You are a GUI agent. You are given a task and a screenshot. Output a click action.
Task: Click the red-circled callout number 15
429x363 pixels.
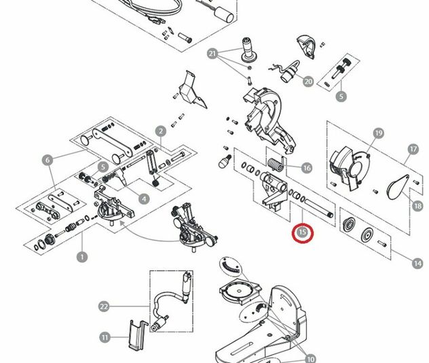pos(303,233)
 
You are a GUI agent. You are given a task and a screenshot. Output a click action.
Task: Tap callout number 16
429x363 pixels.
pos(307,168)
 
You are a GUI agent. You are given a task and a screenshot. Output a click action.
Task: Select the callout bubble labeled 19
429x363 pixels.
pos(378,133)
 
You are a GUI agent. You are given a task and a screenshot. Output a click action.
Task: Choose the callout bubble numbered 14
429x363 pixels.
pos(417,261)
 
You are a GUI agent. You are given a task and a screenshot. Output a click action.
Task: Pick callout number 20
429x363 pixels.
pos(308,82)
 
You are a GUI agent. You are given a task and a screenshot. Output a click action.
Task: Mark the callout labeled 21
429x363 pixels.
pos(212,54)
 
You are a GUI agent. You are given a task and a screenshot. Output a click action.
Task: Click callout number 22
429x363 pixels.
pos(104,307)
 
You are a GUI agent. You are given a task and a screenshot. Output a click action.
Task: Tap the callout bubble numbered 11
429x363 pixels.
pos(105,336)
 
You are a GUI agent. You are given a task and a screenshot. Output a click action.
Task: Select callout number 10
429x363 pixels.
pos(311,358)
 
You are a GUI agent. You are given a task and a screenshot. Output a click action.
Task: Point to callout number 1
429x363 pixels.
pos(82,257)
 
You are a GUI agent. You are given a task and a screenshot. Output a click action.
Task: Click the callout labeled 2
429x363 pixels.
pos(161,131)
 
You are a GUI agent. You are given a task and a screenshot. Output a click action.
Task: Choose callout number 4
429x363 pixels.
pos(145,198)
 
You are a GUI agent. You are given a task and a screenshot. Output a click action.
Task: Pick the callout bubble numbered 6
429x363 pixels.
pos(47,160)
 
